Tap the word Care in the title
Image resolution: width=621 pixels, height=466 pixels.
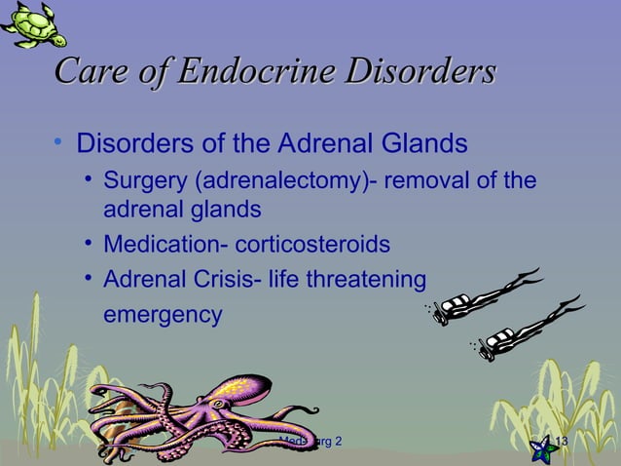point(91,72)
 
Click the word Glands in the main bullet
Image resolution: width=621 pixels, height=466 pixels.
point(424,145)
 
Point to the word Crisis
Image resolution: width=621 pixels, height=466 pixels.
point(216,281)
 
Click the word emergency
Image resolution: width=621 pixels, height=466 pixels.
point(163,316)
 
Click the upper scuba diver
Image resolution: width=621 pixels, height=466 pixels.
point(487,295)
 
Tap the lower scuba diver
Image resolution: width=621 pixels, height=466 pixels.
point(526,331)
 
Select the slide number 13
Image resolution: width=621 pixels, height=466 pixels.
point(561,443)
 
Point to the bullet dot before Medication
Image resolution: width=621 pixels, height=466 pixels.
point(89,244)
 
